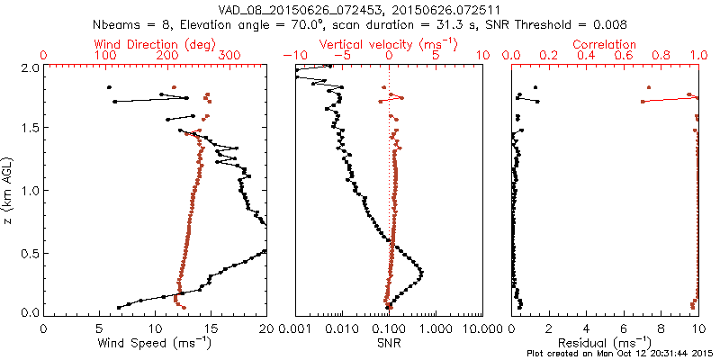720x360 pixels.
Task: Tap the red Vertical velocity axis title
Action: click(389, 43)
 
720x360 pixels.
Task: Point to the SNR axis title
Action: click(389, 343)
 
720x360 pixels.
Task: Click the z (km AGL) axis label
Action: click(10, 189)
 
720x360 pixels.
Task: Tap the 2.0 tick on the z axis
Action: click(29, 67)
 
